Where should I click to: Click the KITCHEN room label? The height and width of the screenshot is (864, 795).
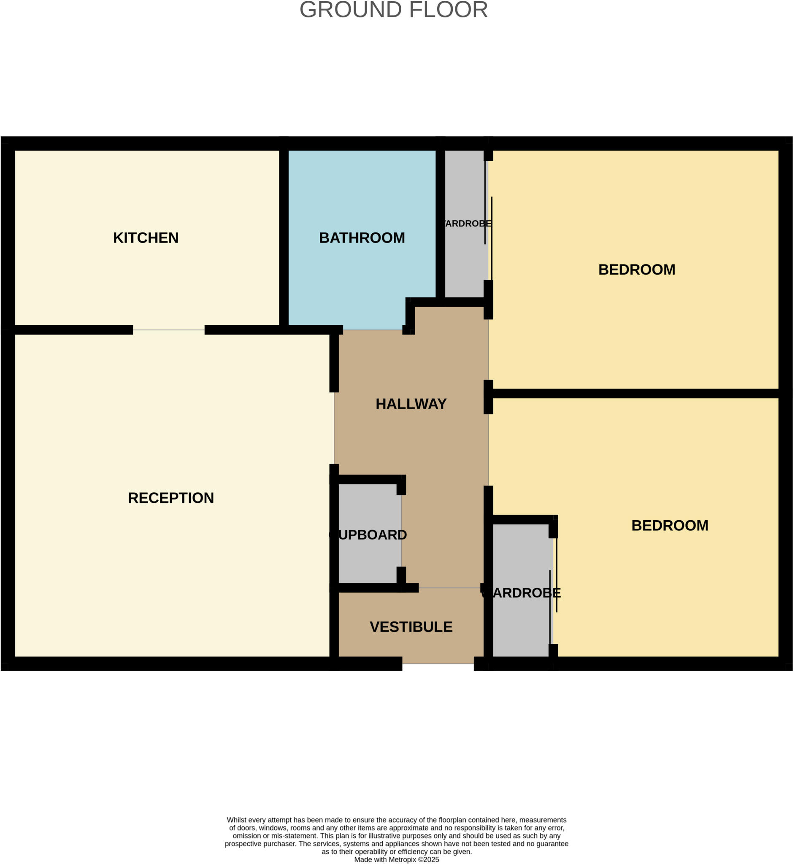(x=146, y=238)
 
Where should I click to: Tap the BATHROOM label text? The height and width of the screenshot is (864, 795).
(x=362, y=238)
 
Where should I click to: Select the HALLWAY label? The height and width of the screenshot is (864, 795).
(x=411, y=404)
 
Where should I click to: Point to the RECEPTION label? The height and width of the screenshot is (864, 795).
(x=171, y=497)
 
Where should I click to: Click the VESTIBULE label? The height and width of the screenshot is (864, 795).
(x=411, y=626)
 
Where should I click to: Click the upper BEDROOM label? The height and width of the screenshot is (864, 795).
(x=636, y=270)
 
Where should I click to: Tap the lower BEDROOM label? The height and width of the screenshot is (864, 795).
(x=669, y=525)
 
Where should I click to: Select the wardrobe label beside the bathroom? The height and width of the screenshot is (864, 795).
(x=466, y=224)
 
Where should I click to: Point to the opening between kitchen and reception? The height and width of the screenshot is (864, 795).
(x=169, y=330)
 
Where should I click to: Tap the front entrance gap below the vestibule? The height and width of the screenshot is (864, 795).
(x=438, y=664)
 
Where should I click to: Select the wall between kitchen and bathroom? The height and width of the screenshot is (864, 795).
(x=284, y=237)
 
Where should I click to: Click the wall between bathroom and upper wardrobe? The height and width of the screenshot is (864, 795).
(x=440, y=224)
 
